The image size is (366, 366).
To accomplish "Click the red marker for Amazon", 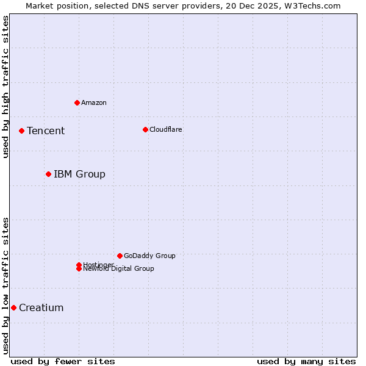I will (x=77, y=102).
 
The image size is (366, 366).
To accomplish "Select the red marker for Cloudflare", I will (x=145, y=129).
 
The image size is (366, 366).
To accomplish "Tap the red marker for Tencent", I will (x=21, y=131).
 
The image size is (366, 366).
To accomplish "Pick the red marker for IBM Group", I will (x=48, y=174).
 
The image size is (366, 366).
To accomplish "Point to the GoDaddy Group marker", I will (x=120, y=256).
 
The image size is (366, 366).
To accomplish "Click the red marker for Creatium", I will (x=13, y=307).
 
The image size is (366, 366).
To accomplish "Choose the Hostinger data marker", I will (x=79, y=265).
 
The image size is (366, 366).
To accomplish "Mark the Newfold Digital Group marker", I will (x=79, y=268).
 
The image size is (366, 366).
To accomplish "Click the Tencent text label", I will (x=46, y=131).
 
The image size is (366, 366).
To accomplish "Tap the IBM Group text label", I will (x=79, y=174).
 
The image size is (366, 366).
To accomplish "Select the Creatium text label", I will (x=41, y=307).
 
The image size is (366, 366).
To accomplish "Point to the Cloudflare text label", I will (x=166, y=129).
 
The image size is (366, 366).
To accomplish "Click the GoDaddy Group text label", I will (x=149, y=256).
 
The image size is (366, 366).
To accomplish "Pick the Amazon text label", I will (x=94, y=102).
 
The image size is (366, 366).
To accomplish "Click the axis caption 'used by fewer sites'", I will (x=63, y=361).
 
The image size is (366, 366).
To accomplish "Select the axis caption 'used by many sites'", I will (x=306, y=361).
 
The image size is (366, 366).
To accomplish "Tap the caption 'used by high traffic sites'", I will (x=5, y=87).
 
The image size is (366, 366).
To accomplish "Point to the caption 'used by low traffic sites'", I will (x=5, y=285).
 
